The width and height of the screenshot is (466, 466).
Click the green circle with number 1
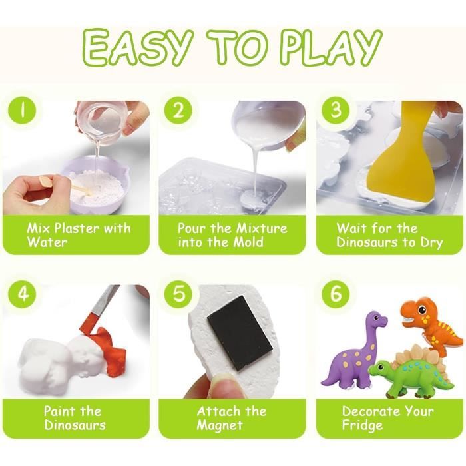(x=22, y=111)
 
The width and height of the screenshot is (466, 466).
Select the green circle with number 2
(x=178, y=111)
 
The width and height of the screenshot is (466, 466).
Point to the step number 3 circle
(x=336, y=111)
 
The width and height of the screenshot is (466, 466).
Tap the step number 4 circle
(x=22, y=294)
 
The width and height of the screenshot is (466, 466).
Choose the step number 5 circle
(x=178, y=294)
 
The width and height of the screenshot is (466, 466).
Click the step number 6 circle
(x=336, y=294)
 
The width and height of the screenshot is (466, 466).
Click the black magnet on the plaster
(x=240, y=333)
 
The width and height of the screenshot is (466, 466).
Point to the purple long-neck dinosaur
(x=353, y=353)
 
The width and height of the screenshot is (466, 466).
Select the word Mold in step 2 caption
(x=248, y=242)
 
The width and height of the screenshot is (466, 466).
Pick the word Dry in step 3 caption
(x=431, y=243)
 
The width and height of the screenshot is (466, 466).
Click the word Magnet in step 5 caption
(x=219, y=425)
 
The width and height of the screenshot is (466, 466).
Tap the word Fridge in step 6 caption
(x=362, y=425)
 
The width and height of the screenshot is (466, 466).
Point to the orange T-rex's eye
(x=422, y=310)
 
